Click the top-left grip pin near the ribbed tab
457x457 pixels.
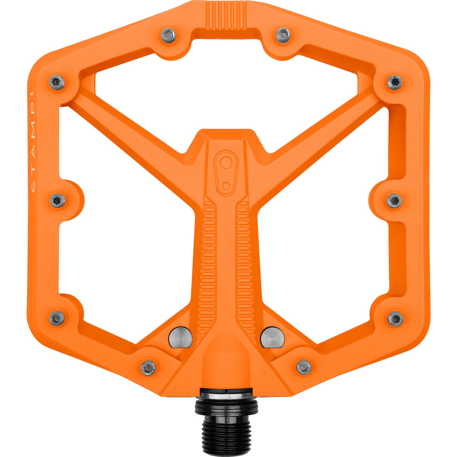pyautogui.click(x=168, y=34)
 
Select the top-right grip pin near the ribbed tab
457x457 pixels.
pyautogui.click(x=282, y=34)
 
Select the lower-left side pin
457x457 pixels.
pyautogui.click(x=58, y=318)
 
